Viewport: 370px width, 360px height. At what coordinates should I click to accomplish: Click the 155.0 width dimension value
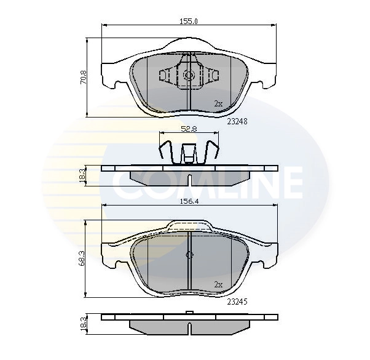pos(189,21)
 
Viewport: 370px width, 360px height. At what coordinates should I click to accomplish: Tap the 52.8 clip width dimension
pos(189,129)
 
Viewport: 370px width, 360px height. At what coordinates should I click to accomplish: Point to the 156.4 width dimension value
pos(189,200)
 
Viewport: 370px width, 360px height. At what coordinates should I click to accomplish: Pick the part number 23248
pos(237,121)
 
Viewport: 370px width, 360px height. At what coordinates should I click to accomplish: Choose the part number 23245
pos(237,302)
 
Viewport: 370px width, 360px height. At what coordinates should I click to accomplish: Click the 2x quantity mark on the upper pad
pos(218,103)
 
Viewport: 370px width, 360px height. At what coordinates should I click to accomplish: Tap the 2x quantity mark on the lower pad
pos(218,284)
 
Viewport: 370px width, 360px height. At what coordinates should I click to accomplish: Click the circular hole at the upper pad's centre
pos(189,76)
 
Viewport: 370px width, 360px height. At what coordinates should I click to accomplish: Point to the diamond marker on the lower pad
pos(189,255)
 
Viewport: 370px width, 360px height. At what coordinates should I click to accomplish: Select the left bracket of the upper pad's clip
pos(167,76)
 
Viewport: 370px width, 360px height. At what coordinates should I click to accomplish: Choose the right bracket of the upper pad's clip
pos(212,76)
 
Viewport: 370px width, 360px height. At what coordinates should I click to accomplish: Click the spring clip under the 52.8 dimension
pos(189,153)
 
